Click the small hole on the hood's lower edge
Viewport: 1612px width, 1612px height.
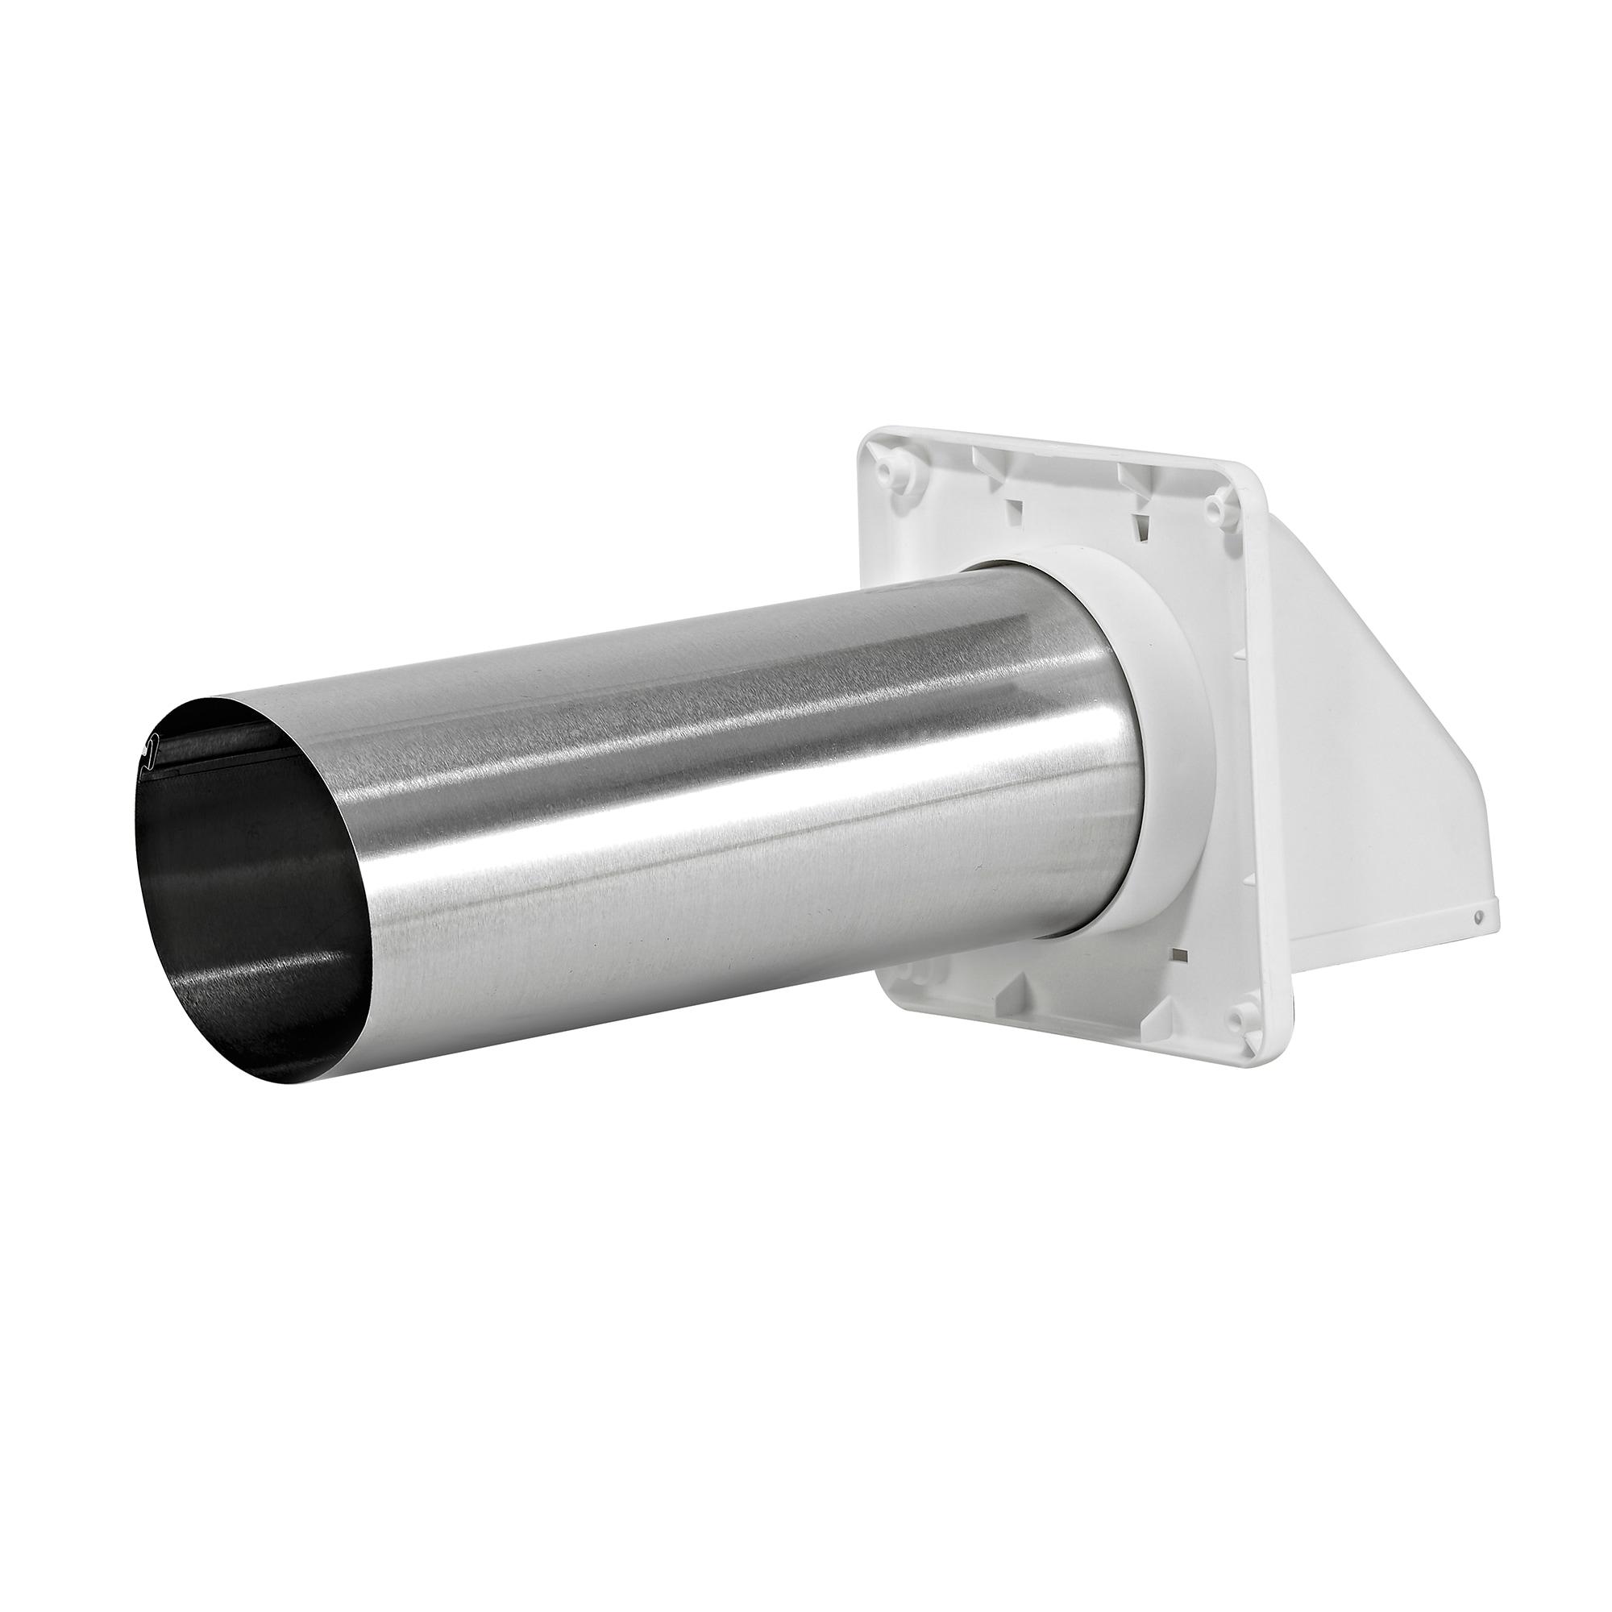click(1479, 916)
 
